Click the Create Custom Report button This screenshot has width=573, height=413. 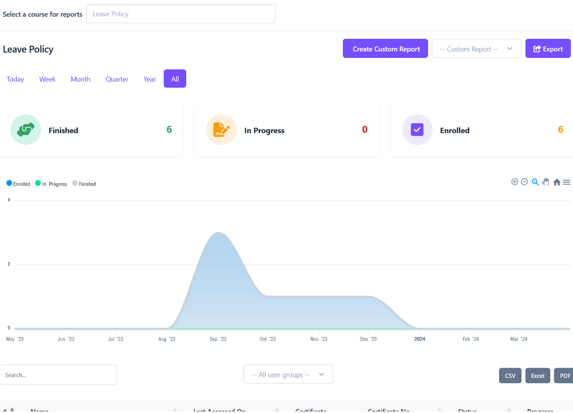[385, 49]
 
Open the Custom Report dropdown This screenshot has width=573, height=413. [476, 49]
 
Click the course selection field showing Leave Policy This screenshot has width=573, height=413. [181, 14]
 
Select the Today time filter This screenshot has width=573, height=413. [15, 79]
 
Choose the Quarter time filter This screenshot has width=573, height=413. [117, 79]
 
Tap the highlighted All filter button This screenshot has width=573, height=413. [175, 79]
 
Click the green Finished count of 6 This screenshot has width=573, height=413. [169, 129]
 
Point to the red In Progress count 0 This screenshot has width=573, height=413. [365, 129]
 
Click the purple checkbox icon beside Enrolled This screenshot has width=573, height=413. [417, 129]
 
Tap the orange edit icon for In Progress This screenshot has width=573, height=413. [221, 129]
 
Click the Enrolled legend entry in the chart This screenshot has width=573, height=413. [19, 184]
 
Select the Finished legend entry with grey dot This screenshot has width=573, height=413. [84, 184]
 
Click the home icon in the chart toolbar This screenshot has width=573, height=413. [557, 182]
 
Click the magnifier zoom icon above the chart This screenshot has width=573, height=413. [535, 182]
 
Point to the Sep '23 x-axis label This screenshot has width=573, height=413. [219, 339]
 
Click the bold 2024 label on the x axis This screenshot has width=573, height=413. [420, 339]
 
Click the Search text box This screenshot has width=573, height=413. [58, 375]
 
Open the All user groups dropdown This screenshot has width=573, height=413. [288, 374]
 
